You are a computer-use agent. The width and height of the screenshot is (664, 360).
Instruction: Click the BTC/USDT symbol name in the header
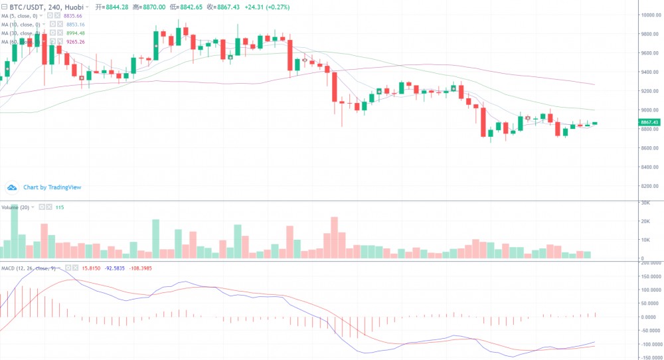[x=27, y=6]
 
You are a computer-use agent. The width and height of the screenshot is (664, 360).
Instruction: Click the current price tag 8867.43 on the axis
[x=649, y=122]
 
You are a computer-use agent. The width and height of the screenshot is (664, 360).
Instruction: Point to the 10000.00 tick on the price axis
[x=649, y=15]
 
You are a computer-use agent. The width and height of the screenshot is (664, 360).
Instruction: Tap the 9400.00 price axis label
[x=649, y=72]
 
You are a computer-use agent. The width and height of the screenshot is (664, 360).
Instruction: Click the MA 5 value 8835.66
[x=75, y=15]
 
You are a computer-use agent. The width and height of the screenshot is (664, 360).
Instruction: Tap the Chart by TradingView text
[x=52, y=187]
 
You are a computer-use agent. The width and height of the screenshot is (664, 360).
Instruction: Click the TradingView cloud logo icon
[x=12, y=187]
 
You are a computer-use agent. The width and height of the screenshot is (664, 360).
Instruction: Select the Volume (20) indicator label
[x=16, y=207]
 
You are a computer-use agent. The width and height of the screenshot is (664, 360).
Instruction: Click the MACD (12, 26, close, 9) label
[x=29, y=268]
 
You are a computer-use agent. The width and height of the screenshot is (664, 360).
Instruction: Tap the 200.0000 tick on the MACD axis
[x=649, y=263]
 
